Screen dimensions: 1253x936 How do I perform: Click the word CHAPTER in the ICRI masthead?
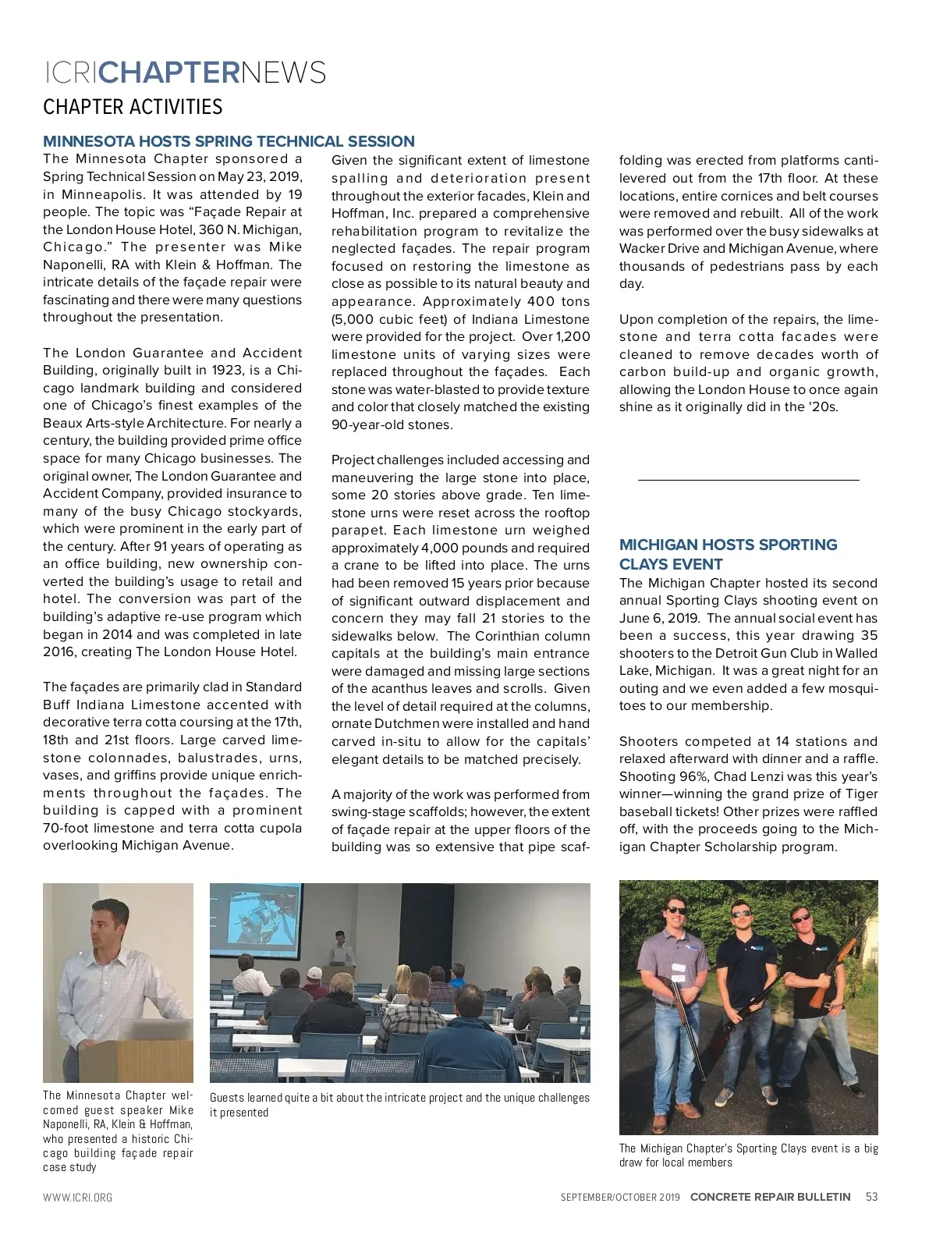click(x=169, y=73)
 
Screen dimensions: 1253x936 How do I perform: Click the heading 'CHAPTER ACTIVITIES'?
click(x=133, y=107)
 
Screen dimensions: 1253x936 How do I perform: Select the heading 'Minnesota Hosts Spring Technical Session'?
click(x=229, y=141)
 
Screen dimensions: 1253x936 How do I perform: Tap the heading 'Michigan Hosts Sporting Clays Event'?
click(x=728, y=554)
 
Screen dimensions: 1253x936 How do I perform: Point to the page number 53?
click(x=871, y=1197)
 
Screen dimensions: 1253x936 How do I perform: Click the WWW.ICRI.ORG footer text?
click(x=77, y=1198)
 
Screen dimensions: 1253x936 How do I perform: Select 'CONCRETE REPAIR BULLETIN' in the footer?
click(x=770, y=1197)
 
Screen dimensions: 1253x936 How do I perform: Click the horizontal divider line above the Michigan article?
click(x=748, y=479)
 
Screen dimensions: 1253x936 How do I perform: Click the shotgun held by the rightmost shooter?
click(x=830, y=975)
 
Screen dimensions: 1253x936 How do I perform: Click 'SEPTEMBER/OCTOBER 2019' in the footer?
click(x=620, y=1198)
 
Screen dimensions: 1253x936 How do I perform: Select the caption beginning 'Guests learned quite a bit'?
click(x=399, y=1105)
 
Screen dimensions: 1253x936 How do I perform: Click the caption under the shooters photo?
click(x=748, y=1155)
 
